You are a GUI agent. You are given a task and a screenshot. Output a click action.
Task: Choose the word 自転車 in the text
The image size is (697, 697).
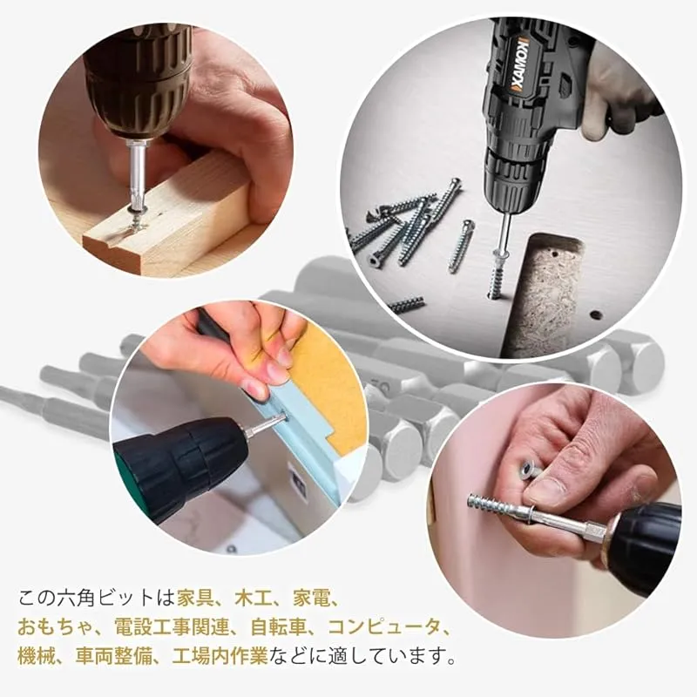point(279,627)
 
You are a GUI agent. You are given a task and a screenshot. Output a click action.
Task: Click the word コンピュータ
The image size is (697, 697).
point(383,627)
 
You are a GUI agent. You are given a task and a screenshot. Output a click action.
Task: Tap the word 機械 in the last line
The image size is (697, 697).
point(37,656)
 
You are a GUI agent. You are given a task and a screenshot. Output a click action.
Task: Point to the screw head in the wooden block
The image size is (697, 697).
point(136,221)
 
